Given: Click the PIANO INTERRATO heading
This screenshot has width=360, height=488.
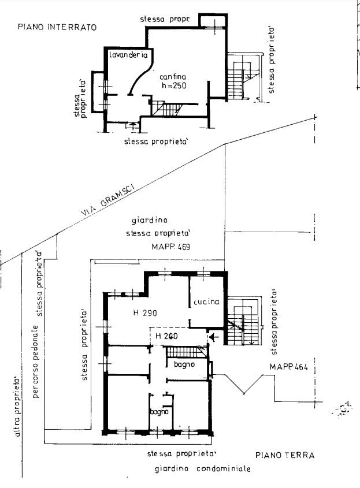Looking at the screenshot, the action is coord(57,27).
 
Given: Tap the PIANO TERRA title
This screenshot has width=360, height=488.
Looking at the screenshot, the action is coord(285,455).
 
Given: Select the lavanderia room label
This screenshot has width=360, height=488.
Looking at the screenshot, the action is coord(128,55).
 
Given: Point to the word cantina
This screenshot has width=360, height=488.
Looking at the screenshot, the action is coord(173,77).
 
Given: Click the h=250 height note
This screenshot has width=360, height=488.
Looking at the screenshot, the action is coord(174,85).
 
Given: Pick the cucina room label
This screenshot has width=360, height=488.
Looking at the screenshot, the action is coord(206,301).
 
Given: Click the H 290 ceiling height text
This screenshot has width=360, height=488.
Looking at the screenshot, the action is coord(145,313).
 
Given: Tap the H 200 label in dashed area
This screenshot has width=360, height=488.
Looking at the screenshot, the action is coord(166,336).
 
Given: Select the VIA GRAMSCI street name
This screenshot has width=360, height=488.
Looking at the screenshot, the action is coord(107,199).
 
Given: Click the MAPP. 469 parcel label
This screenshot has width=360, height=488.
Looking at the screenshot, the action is coord(170,247).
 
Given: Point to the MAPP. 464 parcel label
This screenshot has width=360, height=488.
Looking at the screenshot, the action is coord(289,367).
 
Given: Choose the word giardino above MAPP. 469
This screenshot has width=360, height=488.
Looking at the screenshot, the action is coord(150,221).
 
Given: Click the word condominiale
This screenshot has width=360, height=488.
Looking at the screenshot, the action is coord(224,468).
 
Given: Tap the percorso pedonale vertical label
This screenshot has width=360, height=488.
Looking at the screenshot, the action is coord(36,362).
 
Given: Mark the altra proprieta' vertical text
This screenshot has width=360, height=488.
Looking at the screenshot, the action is coord(17,407).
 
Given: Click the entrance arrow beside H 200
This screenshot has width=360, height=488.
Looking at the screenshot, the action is coord(215,337).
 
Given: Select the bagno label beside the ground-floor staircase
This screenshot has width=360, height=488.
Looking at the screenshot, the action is coord(184,364).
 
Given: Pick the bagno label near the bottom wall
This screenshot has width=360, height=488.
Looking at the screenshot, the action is coord(159,412).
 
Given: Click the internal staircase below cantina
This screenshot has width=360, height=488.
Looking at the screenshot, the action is coord(167,109).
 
